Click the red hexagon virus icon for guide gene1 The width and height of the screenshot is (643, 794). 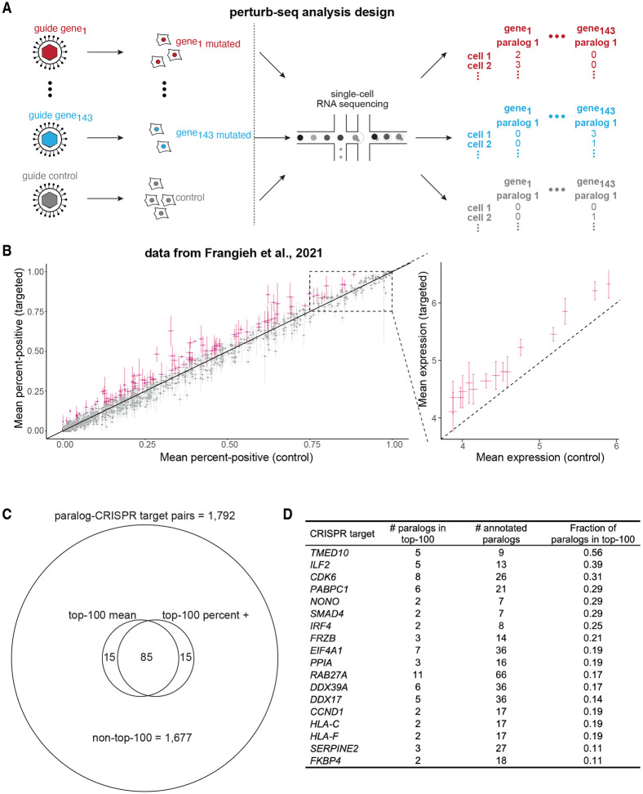pos(51,53)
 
